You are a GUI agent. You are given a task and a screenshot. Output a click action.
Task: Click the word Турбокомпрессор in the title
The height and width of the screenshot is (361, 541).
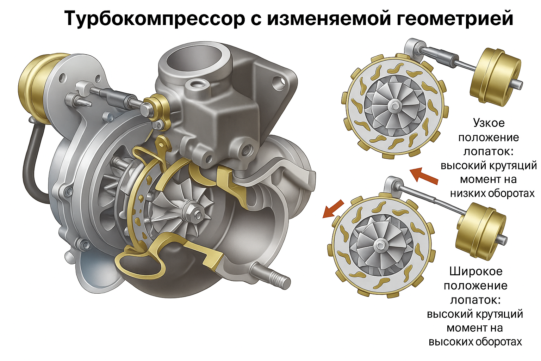(x=155, y=19)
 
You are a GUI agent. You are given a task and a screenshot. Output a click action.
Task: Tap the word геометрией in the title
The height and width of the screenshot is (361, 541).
(x=453, y=19)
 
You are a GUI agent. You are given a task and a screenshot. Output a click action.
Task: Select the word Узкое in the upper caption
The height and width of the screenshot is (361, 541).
(x=489, y=123)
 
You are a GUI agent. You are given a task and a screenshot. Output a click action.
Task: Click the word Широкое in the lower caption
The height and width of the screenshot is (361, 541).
(x=476, y=271)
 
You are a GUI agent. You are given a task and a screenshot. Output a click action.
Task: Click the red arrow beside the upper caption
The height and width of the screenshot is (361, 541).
(x=424, y=177)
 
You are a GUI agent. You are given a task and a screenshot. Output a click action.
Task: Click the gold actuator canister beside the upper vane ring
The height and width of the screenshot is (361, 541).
(x=495, y=79)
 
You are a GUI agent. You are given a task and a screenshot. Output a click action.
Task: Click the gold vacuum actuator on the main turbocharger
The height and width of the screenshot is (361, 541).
(x=36, y=88)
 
